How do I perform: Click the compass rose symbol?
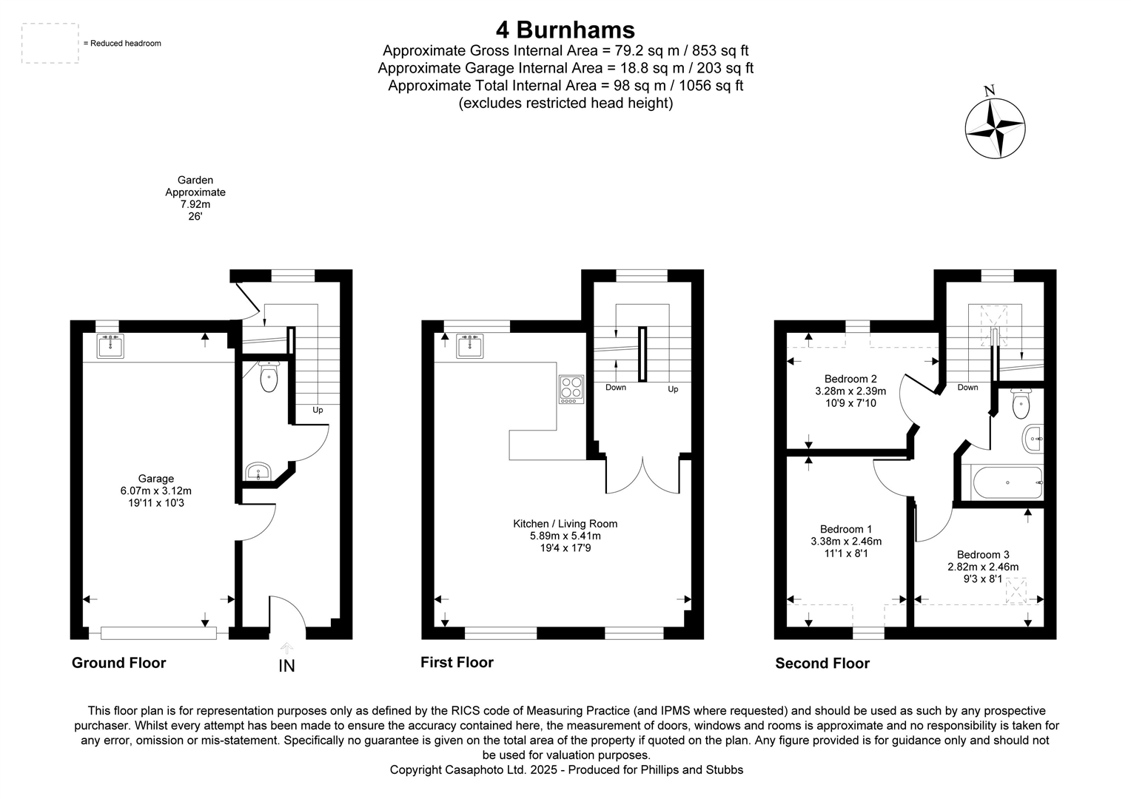coord(996,127)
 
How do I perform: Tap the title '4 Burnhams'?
coord(565,30)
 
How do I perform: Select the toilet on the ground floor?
coord(269,377)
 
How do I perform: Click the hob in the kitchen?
coord(571,389)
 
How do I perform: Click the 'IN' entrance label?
coord(286,666)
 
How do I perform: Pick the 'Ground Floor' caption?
coord(118,663)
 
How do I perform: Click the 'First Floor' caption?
coord(457,662)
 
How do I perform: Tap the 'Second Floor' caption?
coord(822,664)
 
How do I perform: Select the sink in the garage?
coord(110,345)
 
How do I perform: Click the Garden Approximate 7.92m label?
coord(195,198)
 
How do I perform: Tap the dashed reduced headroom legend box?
coord(50,43)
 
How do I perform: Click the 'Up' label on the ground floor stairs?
coord(318,410)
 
